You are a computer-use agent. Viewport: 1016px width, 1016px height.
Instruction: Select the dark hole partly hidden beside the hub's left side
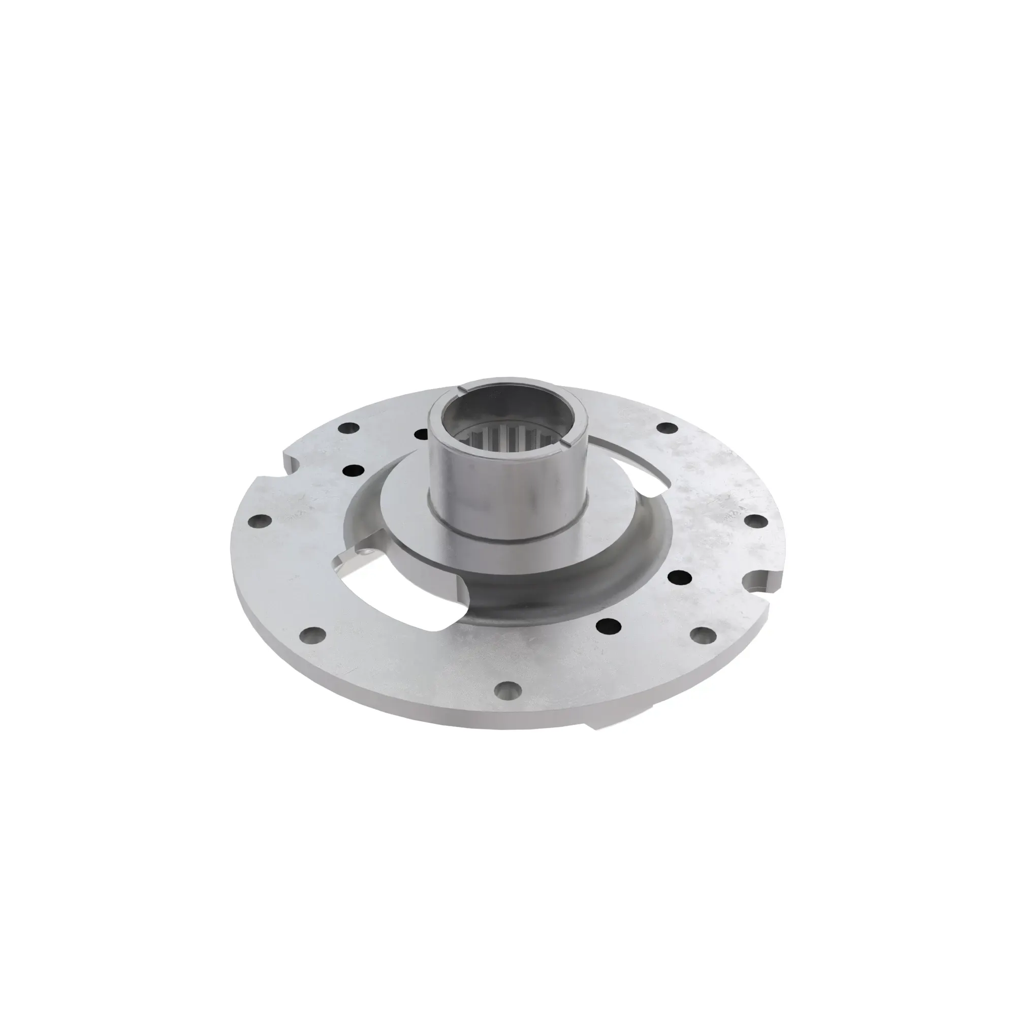[420, 434]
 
